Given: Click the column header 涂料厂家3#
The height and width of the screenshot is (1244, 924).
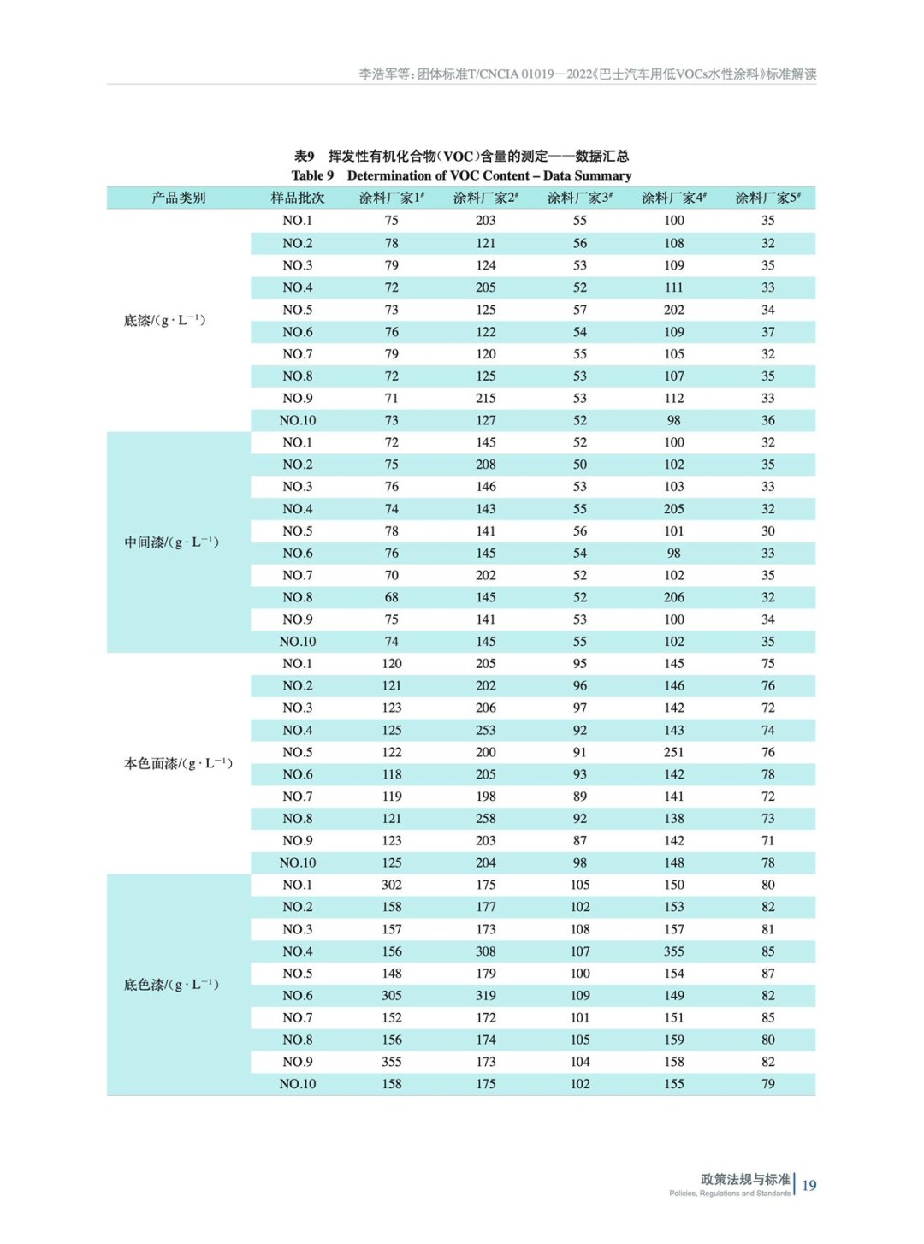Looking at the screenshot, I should [579, 198].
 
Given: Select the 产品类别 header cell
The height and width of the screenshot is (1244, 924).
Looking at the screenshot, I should [179, 198].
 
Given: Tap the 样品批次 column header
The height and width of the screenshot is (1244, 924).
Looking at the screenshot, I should [298, 198].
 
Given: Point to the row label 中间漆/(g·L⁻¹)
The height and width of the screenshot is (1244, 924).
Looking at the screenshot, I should [171, 542].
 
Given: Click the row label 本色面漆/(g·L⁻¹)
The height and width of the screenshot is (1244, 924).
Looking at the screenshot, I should [178, 763].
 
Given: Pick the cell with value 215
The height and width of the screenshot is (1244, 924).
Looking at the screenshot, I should [486, 398].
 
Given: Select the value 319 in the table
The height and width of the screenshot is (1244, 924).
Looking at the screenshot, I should [486, 995].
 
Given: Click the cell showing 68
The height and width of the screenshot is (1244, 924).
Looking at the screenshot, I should [392, 597].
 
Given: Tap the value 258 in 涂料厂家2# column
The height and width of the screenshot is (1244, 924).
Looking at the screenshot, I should [486, 818].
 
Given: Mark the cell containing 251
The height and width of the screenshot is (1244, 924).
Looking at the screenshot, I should [674, 752].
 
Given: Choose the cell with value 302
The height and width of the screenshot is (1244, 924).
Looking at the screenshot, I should [392, 885].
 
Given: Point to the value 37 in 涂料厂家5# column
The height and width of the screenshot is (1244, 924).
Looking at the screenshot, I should [768, 332].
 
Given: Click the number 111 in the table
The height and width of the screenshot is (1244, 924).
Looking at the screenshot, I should [674, 287].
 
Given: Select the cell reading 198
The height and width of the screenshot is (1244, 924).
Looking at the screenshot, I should [486, 796].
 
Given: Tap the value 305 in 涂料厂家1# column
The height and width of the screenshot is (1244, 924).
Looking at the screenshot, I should [392, 995].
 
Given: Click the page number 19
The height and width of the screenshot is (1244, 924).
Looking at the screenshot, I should [809, 1185].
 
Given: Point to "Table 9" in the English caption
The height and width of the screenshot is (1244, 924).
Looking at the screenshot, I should [312, 175].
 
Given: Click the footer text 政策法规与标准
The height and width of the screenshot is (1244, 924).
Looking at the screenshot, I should [745, 1179].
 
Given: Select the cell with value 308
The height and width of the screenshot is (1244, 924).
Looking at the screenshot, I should [486, 951].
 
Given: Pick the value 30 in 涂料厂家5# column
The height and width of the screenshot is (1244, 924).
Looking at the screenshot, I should [768, 530].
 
